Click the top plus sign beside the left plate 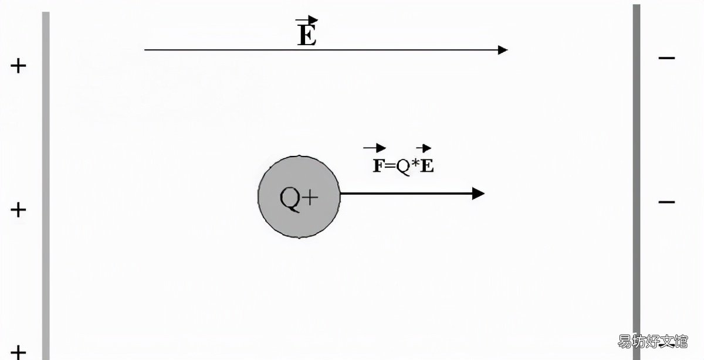tap(18, 66)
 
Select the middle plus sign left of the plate tap(18, 210)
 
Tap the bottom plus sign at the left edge tap(18, 352)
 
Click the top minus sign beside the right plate tap(666, 58)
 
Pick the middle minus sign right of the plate tap(666, 202)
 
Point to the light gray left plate tap(46, 186)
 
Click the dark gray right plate tap(637, 182)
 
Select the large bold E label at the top tap(307, 35)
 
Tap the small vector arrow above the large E tap(306, 19)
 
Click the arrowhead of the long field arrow tap(503, 50)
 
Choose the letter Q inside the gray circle tap(290, 199)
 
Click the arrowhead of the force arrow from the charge tap(478, 193)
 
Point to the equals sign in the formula tap(390, 165)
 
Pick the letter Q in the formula tap(403, 167)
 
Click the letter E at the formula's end tap(427, 165)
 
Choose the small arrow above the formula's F tap(375, 148)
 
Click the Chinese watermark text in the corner tap(653, 341)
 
